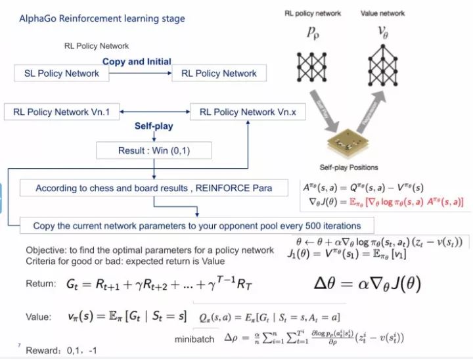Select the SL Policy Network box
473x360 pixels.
click(x=58, y=73)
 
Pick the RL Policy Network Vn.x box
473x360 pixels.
click(x=248, y=112)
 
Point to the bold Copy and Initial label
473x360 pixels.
click(x=137, y=61)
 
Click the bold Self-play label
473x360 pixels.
click(x=154, y=125)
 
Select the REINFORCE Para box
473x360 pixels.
click(x=153, y=188)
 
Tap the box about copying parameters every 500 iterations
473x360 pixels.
click(x=197, y=225)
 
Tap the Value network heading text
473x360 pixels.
click(x=383, y=13)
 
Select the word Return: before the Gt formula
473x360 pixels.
click(x=41, y=284)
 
